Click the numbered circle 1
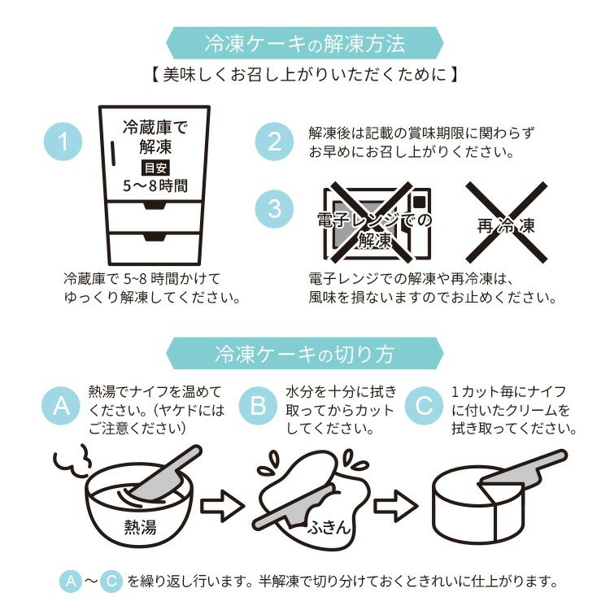[63, 142]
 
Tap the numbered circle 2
[274, 142]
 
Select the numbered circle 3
[274, 209]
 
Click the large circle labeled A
[61, 406]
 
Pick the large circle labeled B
[258, 406]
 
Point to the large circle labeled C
[424, 406]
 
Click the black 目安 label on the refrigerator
[155, 168]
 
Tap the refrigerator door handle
[113, 154]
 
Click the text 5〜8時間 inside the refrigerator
[155, 186]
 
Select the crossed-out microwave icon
[377, 224]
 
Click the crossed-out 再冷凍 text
[506, 225]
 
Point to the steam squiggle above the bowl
[72, 462]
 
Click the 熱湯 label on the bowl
[140, 527]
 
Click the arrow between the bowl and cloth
[222, 506]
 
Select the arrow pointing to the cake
[395, 506]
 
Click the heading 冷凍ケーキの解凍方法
[305, 43]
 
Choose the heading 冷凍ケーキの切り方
[305, 353]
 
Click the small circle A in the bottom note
[71, 582]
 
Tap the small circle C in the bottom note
[111, 582]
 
